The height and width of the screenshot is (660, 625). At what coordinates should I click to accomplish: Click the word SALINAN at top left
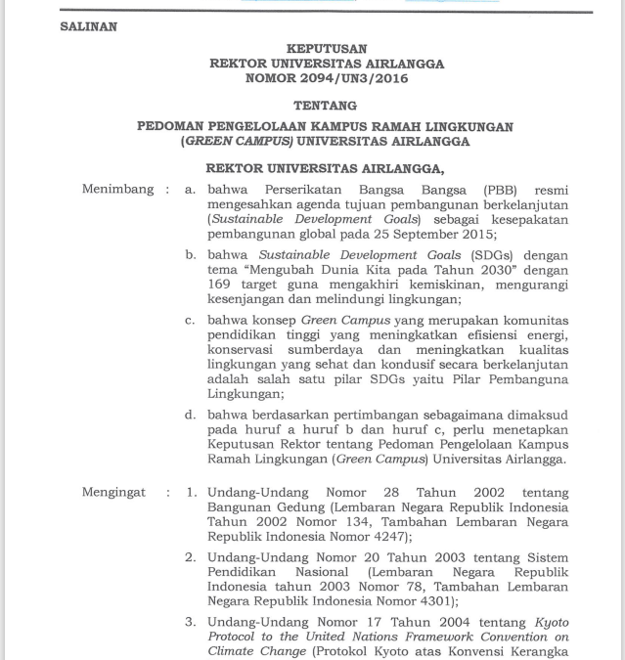pyautogui.click(x=88, y=27)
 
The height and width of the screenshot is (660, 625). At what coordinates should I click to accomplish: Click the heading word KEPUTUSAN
pyautogui.click(x=327, y=48)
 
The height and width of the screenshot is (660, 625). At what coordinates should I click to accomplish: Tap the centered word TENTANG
pyautogui.click(x=327, y=105)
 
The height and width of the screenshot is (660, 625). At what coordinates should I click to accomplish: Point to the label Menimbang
pyautogui.click(x=118, y=189)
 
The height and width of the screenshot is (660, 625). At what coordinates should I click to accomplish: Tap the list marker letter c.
pyautogui.click(x=191, y=320)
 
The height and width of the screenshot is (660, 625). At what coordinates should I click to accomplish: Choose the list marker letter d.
pyautogui.click(x=191, y=415)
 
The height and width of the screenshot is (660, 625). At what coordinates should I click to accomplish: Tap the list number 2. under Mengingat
pyautogui.click(x=192, y=558)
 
